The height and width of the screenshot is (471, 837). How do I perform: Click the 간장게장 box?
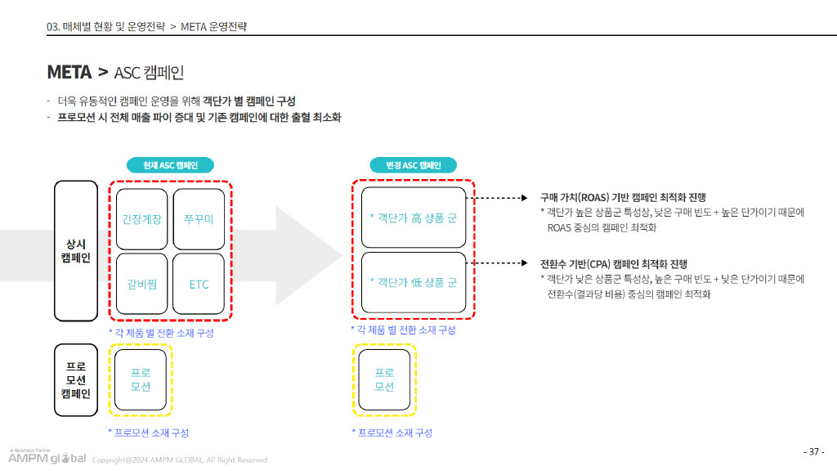[141, 219]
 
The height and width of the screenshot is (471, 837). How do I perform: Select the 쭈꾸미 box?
[199, 219]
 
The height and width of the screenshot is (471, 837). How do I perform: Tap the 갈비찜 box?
[141, 284]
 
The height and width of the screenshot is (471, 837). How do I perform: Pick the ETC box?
[199, 284]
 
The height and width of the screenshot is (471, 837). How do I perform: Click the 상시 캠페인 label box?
[76, 251]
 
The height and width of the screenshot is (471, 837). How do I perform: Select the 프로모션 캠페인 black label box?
[76, 379]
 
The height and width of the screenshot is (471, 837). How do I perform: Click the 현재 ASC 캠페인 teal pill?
[170, 165]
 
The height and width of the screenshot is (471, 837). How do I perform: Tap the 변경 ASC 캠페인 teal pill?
[413, 165]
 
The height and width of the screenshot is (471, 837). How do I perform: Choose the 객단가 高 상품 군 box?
[414, 218]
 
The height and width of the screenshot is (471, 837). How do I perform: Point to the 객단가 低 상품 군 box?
[414, 282]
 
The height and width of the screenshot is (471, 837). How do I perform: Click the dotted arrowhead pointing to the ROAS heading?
[524, 198]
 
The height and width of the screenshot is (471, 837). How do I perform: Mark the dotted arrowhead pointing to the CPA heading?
[524, 262]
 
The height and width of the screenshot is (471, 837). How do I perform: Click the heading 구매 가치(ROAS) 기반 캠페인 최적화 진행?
[623, 198]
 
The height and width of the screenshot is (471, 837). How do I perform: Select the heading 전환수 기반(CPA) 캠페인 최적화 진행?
[614, 264]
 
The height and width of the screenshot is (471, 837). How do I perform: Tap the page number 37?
[814, 451]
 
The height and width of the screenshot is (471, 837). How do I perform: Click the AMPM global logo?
[47, 457]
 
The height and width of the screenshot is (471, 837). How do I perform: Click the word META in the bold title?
[69, 72]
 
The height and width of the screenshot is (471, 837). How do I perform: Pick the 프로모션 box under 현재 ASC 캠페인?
[141, 379]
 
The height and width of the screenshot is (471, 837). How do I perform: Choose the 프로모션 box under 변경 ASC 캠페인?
[384, 379]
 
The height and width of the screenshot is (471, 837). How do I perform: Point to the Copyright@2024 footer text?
[179, 460]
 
